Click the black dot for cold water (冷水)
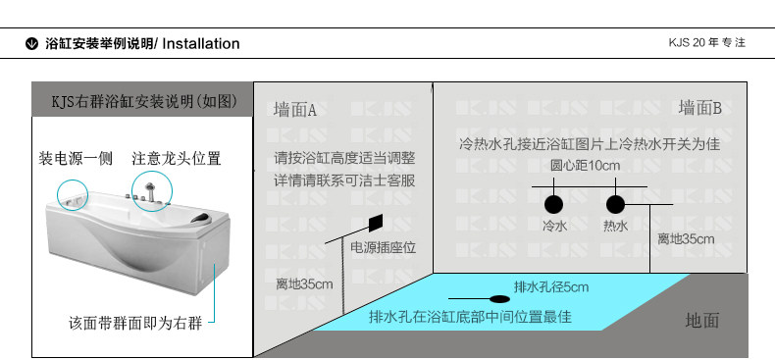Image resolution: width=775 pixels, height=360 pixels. (x=553, y=204)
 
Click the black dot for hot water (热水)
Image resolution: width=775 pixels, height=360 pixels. (x=615, y=204)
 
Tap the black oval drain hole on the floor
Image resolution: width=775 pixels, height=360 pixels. (x=499, y=298)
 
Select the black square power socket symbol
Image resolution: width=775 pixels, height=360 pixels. (x=376, y=223)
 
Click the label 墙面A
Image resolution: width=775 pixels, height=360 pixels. (x=295, y=110)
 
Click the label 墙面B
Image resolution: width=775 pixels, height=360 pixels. (x=699, y=107)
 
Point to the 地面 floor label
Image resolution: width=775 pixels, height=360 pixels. (x=701, y=321)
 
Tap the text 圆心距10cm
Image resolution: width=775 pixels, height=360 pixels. (x=585, y=165)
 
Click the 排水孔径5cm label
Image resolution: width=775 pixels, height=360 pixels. (x=551, y=286)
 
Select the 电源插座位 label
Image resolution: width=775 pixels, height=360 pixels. (x=384, y=247)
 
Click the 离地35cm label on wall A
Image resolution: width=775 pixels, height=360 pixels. (x=304, y=284)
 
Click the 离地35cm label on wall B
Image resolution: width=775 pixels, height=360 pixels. (x=686, y=239)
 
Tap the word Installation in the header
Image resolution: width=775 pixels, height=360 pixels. (x=201, y=43)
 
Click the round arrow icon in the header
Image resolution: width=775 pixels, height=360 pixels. (x=31, y=44)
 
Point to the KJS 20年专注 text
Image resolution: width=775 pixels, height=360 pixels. (x=706, y=42)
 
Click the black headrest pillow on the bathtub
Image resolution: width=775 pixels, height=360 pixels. (x=200, y=217)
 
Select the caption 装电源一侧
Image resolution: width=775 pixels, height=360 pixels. (x=76, y=159)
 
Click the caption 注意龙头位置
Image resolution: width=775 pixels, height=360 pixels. (x=176, y=159)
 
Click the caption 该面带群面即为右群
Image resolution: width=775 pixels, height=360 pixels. (x=135, y=324)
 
